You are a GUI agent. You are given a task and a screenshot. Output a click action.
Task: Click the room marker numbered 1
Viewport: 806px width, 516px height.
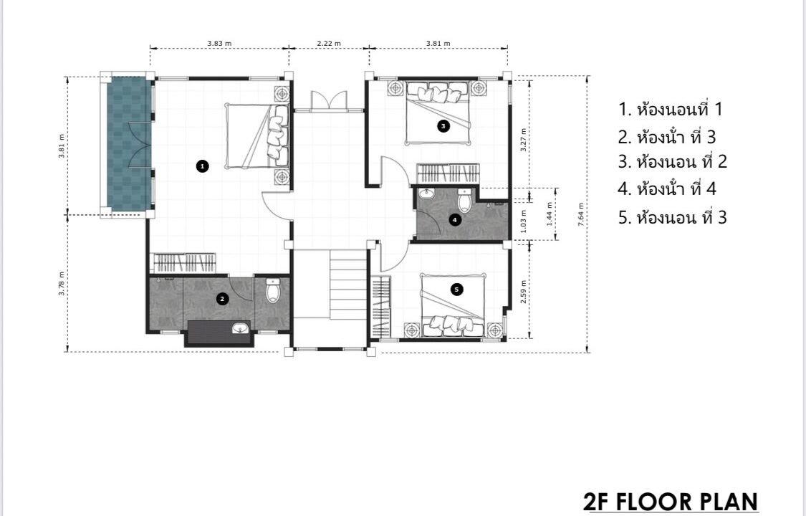pos(203,166)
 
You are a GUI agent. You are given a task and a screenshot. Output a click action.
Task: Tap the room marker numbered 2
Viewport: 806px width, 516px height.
pos(222,299)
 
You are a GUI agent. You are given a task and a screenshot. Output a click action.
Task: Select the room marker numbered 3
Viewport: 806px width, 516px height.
pos(443,125)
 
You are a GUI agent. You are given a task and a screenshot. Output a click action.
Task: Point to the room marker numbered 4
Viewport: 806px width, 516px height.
pos(454,220)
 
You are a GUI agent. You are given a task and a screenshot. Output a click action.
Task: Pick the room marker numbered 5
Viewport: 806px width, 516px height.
pos(456,290)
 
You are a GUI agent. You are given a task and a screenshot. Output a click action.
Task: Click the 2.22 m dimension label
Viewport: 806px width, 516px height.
pos(328,43)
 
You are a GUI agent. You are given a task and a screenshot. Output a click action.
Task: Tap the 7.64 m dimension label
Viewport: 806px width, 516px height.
pos(581,214)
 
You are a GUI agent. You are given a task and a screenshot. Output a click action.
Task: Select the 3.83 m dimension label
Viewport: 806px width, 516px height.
pos(219,43)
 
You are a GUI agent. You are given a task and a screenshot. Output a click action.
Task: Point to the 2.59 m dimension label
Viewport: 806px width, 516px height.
pos(523,292)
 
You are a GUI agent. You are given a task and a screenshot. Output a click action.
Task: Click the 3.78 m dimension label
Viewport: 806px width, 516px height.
pos(62,283)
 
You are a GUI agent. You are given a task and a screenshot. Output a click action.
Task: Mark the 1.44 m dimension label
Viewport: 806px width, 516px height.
pos(549,214)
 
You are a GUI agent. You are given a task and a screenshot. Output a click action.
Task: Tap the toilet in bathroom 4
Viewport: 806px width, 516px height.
pos(465,201)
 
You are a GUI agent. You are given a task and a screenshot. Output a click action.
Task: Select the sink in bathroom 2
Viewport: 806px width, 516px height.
pos(241,328)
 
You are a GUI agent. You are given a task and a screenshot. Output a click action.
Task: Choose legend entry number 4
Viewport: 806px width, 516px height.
pos(667,188)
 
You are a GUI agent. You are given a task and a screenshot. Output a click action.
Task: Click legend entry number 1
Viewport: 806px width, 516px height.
pos(671,109)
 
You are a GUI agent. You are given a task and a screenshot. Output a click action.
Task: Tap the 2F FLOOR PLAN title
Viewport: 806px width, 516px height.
pos(671,501)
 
